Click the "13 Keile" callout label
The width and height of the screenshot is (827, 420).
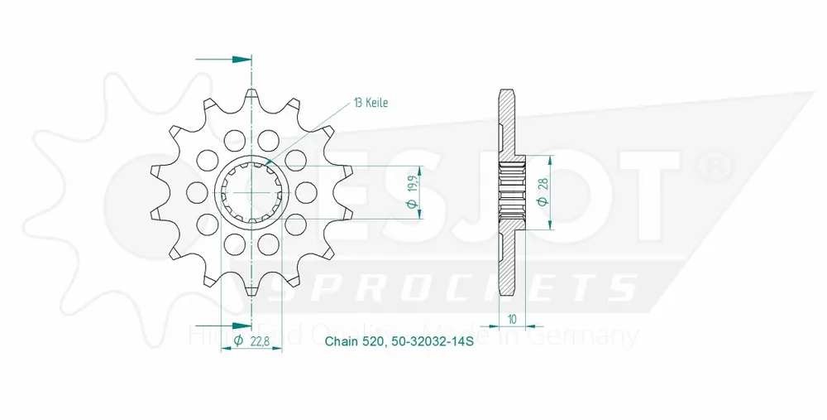pyautogui.click(x=370, y=104)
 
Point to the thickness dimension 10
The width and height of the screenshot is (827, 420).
pyautogui.click(x=513, y=316)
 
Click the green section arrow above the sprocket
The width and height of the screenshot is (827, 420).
pyautogui.click(x=240, y=60)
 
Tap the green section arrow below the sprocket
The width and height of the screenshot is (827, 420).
pyautogui.click(x=240, y=325)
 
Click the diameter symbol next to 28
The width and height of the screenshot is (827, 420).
pyautogui.click(x=543, y=204)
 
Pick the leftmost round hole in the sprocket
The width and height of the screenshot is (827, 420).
pyautogui.click(x=195, y=191)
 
